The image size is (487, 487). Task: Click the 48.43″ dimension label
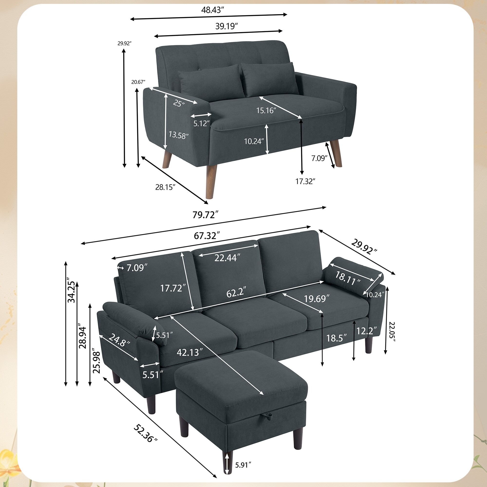213,10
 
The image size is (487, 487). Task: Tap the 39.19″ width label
227,26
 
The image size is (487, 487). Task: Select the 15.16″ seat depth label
266,110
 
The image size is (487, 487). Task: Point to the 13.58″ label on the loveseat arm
178,135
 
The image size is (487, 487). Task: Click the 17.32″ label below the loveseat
306,181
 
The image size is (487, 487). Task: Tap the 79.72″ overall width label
205,215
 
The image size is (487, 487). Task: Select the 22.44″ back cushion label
226,258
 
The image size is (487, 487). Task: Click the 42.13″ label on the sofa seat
189,352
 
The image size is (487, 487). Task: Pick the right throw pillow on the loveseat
269,79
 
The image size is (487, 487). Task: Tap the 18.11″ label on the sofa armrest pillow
347,279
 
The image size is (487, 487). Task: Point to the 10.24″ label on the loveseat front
254,141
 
